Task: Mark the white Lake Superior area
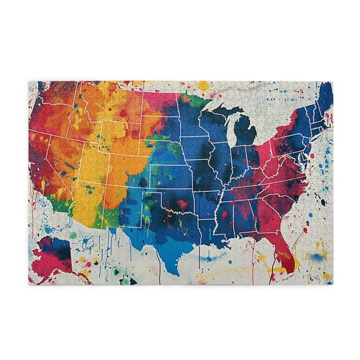[x=216, y=106]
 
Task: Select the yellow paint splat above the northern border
[x=203, y=85]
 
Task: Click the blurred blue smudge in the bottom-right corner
[x=316, y=256]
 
